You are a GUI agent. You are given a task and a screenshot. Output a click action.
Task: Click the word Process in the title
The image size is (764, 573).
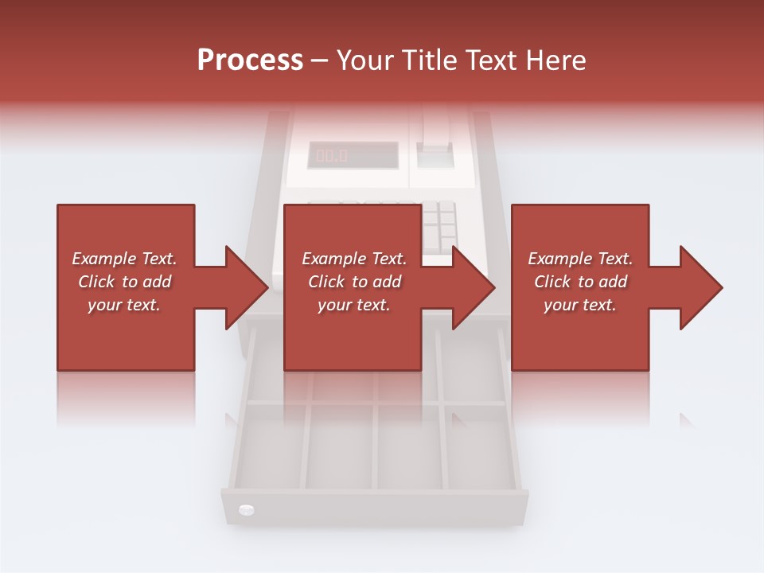point(250,60)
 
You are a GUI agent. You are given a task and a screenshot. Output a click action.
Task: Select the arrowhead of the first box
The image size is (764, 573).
point(247,287)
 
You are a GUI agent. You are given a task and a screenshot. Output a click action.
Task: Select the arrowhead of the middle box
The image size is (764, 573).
point(474,287)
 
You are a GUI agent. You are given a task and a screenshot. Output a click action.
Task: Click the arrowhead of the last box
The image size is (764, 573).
point(701,287)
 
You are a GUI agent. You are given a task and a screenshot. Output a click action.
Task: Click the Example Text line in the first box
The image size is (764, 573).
point(124,259)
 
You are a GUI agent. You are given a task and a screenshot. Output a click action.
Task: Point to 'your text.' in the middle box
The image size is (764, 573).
point(353,305)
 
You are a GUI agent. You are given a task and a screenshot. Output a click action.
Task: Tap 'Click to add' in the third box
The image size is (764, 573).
point(580,282)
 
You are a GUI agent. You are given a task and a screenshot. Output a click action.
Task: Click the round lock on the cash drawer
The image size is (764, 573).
point(246,509)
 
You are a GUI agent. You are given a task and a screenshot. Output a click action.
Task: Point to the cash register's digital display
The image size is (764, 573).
point(353,155)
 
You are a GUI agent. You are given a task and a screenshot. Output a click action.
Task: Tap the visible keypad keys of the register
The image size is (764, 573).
point(439,222)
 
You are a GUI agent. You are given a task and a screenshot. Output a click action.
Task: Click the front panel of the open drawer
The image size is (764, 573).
point(374,510)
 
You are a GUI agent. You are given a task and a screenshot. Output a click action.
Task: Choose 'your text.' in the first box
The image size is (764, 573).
point(124,305)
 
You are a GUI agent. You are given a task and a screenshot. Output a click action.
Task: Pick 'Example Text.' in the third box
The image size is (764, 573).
point(580,259)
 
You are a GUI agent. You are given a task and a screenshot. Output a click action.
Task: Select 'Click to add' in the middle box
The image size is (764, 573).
point(354,282)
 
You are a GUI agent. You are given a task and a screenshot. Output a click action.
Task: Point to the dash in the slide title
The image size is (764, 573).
point(320,60)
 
